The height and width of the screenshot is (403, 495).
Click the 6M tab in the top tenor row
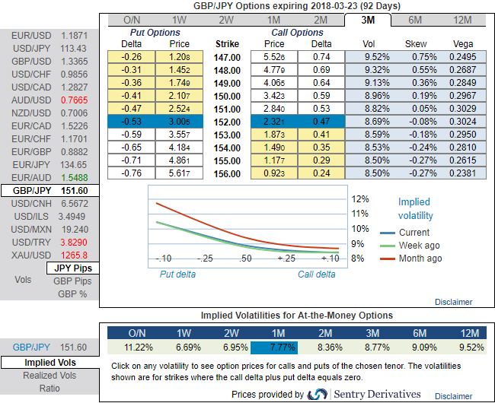tap(415, 20)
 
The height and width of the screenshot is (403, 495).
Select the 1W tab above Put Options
tap(179, 20)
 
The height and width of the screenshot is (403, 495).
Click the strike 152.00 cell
tap(228, 121)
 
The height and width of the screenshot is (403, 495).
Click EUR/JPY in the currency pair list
tap(27, 163)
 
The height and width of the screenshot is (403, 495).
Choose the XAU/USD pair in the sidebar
tap(27, 254)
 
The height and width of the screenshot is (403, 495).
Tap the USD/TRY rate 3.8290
tap(74, 241)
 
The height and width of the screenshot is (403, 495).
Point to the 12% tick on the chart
tap(360, 198)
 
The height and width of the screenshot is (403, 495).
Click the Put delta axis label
tap(177, 274)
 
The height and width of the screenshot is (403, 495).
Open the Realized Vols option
tap(49, 376)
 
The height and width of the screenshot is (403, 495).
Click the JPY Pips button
tap(73, 268)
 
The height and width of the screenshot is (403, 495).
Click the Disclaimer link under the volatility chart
tap(453, 302)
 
